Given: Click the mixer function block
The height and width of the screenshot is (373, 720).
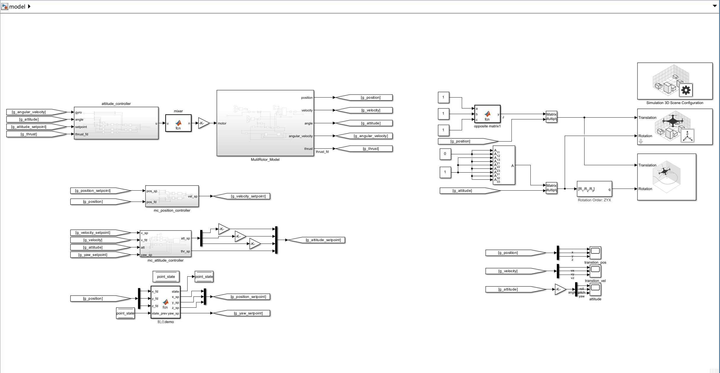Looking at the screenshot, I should pyautogui.click(x=178, y=123).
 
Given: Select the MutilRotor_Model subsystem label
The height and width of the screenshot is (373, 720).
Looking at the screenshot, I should pyautogui.click(x=265, y=160).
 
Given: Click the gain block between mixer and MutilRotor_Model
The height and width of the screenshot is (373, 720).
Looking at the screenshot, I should pyautogui.click(x=203, y=123).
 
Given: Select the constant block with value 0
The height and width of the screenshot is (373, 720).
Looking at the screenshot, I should pyautogui.click(x=445, y=154).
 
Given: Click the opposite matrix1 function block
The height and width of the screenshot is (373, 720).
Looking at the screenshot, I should pyautogui.click(x=487, y=114).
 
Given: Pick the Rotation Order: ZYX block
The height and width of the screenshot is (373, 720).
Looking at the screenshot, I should pyautogui.click(x=594, y=189).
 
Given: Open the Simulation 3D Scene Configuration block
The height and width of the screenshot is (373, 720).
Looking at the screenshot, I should pyautogui.click(x=674, y=81).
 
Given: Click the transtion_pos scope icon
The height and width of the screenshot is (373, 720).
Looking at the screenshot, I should pyautogui.click(x=595, y=253).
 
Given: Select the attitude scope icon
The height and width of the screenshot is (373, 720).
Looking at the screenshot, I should pyautogui.click(x=595, y=289).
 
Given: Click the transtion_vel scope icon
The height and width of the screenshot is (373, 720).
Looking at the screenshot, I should pyautogui.click(x=595, y=271).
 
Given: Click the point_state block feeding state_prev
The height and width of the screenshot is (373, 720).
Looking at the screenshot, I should pyautogui.click(x=125, y=313).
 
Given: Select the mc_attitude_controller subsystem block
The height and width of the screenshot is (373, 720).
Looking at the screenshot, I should pyautogui.click(x=165, y=244).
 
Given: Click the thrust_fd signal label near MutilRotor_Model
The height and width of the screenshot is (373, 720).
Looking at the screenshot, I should pyautogui.click(x=322, y=152).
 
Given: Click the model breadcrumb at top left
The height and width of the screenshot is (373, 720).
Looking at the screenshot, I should pyautogui.click(x=17, y=7).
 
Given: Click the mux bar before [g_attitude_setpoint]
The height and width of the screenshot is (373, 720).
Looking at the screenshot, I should pyautogui.click(x=276, y=240).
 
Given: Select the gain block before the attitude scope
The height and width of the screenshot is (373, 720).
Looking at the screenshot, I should pyautogui.click(x=559, y=289).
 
